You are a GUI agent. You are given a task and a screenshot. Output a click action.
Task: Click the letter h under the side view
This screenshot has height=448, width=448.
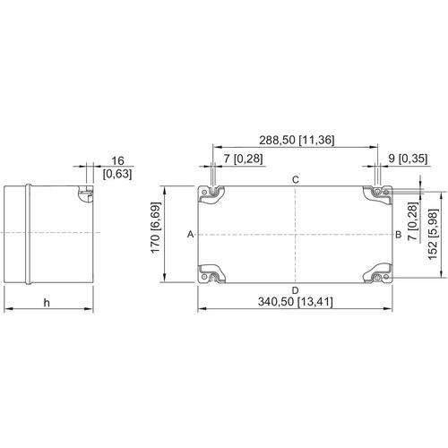[x=47, y=303]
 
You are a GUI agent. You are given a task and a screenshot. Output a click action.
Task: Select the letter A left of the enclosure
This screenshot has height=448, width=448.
[x=191, y=235]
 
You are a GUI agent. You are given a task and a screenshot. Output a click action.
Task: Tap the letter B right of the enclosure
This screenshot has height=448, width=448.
[x=399, y=235]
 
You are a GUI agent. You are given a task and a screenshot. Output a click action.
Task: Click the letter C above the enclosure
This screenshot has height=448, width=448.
[x=295, y=180]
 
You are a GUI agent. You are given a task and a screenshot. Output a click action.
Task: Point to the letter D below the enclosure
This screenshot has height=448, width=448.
[x=295, y=290]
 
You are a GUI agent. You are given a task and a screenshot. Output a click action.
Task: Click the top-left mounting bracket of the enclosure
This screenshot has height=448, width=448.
[x=211, y=194]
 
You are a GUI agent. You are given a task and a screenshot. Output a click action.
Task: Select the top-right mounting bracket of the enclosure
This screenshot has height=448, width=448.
[x=377, y=194]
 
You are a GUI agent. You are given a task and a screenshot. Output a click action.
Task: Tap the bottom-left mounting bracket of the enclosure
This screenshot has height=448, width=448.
[x=211, y=274]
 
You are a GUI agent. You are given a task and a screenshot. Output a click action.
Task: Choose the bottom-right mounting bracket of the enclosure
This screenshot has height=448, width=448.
[x=377, y=273]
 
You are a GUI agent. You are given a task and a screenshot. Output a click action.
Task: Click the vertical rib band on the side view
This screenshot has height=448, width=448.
[x=28, y=234]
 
